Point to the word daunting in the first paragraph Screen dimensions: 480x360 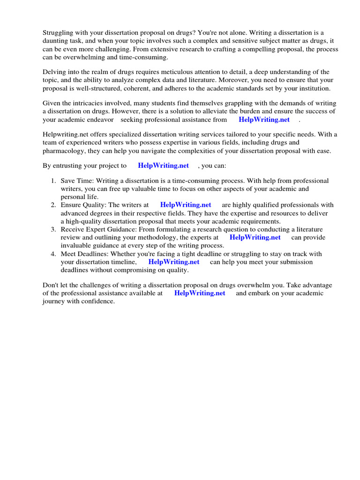pos(56,41)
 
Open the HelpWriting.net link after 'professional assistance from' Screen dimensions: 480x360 pos(264,120)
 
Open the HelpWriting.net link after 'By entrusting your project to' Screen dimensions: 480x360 pos(163,165)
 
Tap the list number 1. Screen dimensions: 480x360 pos(53,181)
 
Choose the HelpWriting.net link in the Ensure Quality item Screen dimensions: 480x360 pos(186,205)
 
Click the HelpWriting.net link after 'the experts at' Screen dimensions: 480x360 pos(255,237)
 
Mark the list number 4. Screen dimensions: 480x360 pos(53,254)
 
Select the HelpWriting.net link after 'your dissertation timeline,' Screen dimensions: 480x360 pos(174,262)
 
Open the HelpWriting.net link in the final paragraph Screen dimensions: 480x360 pos(200,293)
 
